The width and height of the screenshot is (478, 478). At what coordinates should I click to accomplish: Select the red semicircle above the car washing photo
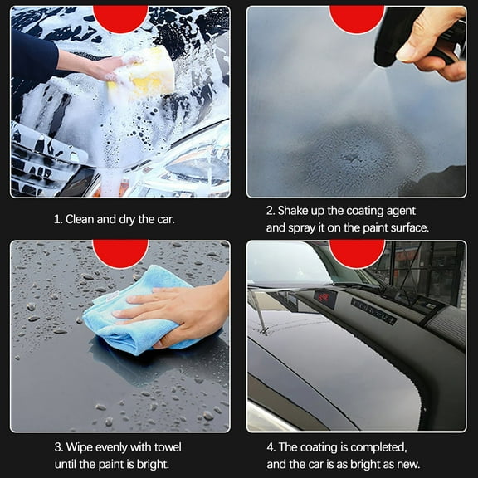point(120,17)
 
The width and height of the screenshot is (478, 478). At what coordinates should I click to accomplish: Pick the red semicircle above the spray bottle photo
point(357,17)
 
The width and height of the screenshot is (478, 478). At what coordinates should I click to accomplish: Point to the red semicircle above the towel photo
point(120,251)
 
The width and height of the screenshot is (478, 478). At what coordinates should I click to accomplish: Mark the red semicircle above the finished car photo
point(357,251)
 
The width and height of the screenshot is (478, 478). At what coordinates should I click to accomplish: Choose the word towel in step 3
point(163,447)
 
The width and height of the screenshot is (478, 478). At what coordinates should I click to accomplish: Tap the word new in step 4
point(408,464)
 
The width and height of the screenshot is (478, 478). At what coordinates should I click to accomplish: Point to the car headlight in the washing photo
point(187,162)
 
